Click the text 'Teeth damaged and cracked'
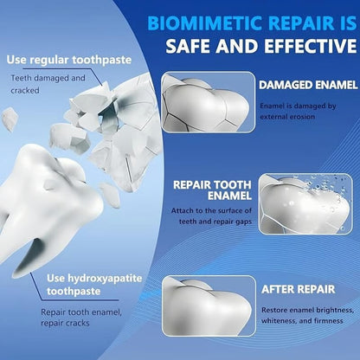[x=48, y=84]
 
